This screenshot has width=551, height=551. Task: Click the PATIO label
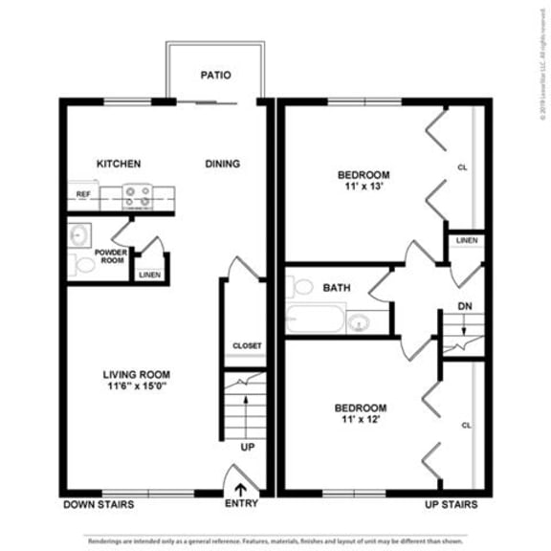(x=215, y=75)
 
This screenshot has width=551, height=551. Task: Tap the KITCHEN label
(x=119, y=164)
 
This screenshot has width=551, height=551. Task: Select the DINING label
(x=222, y=164)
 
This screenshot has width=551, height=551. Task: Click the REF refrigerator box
(x=83, y=195)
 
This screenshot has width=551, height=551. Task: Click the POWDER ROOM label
(x=110, y=256)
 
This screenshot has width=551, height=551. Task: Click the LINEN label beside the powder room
(x=149, y=275)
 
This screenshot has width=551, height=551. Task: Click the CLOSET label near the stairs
(x=247, y=345)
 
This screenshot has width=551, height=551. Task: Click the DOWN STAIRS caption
(x=99, y=504)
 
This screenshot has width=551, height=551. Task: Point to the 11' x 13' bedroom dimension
(x=363, y=187)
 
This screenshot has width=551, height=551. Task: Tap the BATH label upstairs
(x=336, y=287)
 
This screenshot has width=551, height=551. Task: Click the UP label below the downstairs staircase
(x=247, y=448)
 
